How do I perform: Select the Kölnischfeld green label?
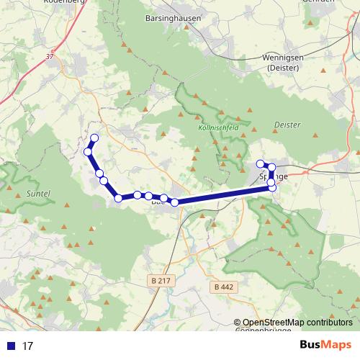point(217,126)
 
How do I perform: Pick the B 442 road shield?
point(224,287)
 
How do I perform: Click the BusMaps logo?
point(325,346)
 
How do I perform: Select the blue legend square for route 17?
point(12,346)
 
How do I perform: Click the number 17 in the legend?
point(27,346)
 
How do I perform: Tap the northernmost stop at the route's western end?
point(94,138)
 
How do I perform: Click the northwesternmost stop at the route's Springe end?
point(261,163)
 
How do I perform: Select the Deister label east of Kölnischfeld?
point(287,125)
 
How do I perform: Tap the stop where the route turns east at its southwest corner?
point(118,198)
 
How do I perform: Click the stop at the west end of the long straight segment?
point(174,202)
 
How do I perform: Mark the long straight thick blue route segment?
point(223,194)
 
